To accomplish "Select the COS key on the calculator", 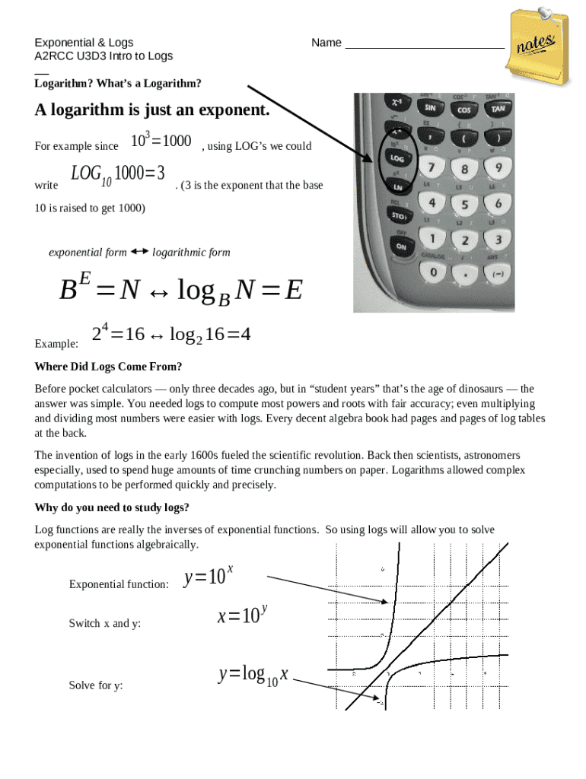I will [464, 110].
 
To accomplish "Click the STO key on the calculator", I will [398, 216].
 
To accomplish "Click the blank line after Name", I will [425, 43].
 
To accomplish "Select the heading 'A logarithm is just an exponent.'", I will [152, 110].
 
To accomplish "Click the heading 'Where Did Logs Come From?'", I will [108, 367].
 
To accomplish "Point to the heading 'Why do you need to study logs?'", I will [112, 507].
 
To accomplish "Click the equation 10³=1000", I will [161, 141].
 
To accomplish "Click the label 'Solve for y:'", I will [96, 685].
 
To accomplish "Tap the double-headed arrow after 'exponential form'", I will [139, 251].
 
